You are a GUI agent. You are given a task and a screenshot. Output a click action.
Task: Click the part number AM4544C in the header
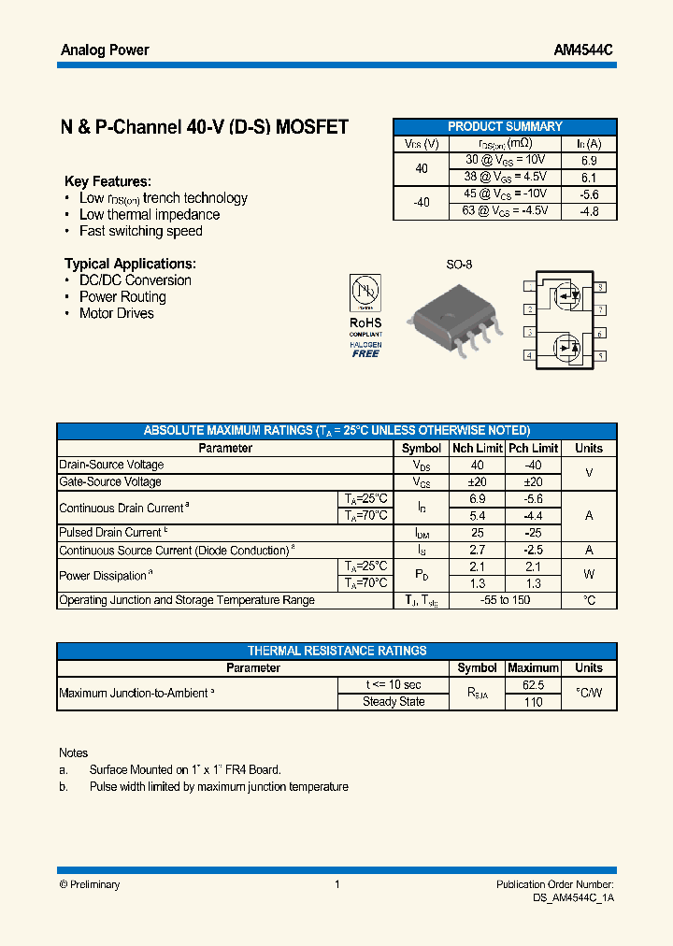pos(581,50)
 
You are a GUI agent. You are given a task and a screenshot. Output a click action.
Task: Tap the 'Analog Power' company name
pos(105,50)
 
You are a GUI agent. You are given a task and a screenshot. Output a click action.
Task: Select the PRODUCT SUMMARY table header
pos(505,126)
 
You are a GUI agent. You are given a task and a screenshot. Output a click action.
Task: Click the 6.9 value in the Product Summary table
pos(589,161)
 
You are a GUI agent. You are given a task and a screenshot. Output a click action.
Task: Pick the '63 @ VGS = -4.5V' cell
pos(505,211)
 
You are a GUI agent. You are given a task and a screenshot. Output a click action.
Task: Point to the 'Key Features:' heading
pos(107,181)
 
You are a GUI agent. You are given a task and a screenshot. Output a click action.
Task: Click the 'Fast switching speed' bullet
pos(140,231)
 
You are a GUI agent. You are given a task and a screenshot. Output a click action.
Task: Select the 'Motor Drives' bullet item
pos(116,313)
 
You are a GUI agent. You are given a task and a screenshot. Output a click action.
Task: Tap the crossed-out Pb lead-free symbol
pos(365,294)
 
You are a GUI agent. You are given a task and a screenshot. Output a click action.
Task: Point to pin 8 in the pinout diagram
pos(600,287)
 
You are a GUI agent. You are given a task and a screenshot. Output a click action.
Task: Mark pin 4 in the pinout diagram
pos(529,355)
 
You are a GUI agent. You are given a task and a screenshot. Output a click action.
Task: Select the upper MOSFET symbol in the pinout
pos(566,297)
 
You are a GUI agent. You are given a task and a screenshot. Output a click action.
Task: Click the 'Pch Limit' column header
pos(533,448)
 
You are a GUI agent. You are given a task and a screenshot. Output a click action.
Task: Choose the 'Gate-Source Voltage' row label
pos(110,481)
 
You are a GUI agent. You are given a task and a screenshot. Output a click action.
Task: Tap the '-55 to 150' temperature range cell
pos(505,600)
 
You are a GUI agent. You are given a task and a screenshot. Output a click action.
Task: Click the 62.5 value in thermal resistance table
pos(533,684)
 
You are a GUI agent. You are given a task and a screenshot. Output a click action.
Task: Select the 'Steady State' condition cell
pos(394,701)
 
